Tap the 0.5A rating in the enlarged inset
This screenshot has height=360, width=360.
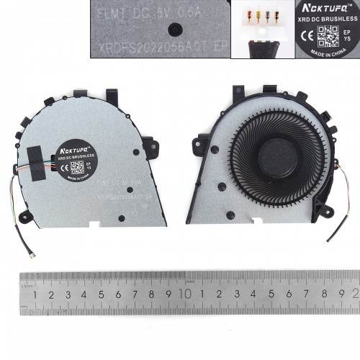201,12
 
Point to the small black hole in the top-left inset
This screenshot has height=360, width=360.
174,29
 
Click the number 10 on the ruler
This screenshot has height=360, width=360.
186,294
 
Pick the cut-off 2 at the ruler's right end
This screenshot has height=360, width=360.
355,294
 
